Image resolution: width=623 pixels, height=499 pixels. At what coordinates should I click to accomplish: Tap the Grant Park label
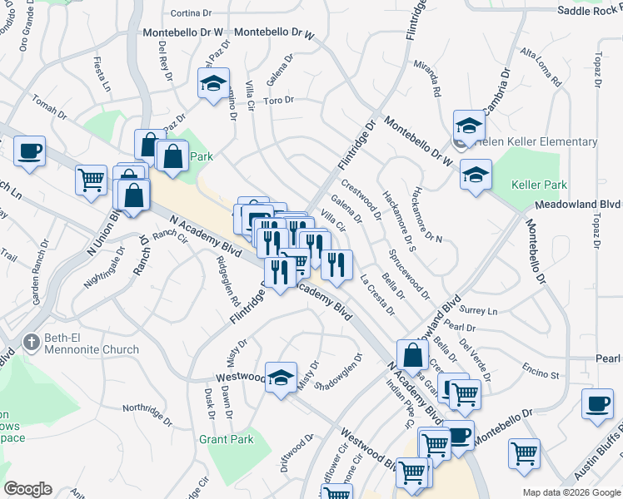pyautogui.click(x=226, y=439)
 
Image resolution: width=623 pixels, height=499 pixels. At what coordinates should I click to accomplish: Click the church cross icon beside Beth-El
pyautogui.click(x=31, y=342)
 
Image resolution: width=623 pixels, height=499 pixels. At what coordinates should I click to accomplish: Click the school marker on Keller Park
pyautogui.click(x=476, y=175)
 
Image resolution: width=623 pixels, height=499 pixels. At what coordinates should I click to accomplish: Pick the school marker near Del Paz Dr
pyautogui.click(x=213, y=83)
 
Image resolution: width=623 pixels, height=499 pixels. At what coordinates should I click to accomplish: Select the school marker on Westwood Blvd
pyautogui.click(x=281, y=378)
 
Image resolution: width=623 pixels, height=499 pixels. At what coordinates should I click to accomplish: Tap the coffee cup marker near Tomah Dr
pyautogui.click(x=30, y=151)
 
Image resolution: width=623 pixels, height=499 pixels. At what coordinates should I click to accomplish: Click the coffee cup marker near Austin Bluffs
pyautogui.click(x=596, y=404)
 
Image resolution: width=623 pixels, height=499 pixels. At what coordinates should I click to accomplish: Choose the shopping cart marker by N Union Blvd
pyautogui.click(x=91, y=179)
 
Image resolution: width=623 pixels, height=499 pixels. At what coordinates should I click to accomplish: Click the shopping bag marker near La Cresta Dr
pyautogui.click(x=412, y=355)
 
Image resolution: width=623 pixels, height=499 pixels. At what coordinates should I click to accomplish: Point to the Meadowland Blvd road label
pyautogui.click(x=578, y=204)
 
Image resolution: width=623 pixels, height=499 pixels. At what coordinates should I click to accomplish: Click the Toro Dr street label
pyautogui.click(x=278, y=100)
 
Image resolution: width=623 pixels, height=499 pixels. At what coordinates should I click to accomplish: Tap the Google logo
pyautogui.click(x=27, y=489)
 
